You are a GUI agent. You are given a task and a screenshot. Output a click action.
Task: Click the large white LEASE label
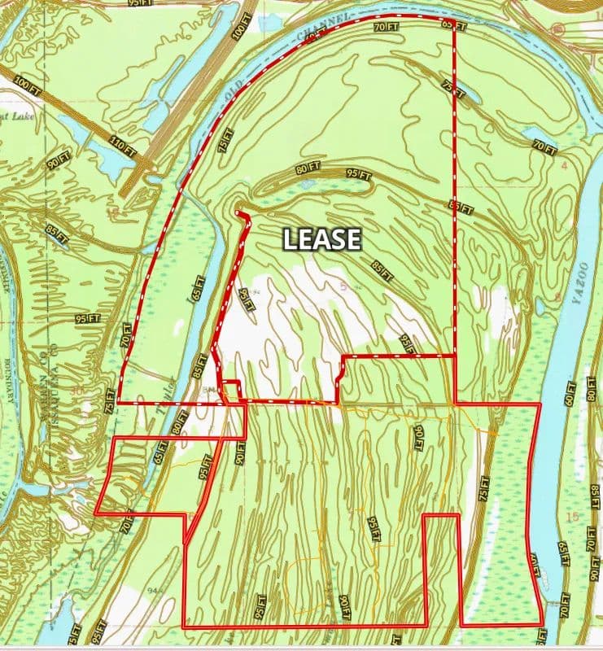tap(321, 238)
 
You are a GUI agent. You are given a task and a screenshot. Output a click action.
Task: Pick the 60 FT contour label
tap(569, 395)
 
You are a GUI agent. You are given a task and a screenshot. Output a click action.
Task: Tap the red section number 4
tap(563, 166)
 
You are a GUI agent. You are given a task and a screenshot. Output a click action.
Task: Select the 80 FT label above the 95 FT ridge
tap(306, 169)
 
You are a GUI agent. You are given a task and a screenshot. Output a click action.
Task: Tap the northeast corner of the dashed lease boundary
tap(453, 20)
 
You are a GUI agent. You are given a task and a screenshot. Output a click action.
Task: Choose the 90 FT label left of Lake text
tap(58, 159)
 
